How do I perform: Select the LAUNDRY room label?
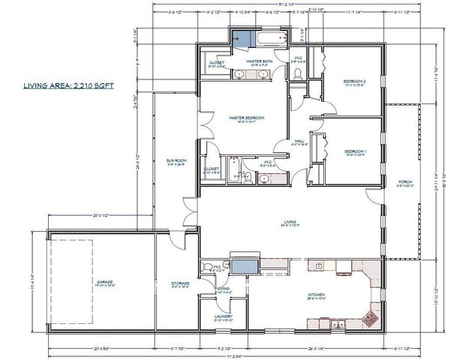point(224,316)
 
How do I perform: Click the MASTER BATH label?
point(258,62)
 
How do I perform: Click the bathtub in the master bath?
point(267,37)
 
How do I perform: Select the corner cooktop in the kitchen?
point(369,316)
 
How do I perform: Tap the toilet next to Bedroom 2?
point(298,73)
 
